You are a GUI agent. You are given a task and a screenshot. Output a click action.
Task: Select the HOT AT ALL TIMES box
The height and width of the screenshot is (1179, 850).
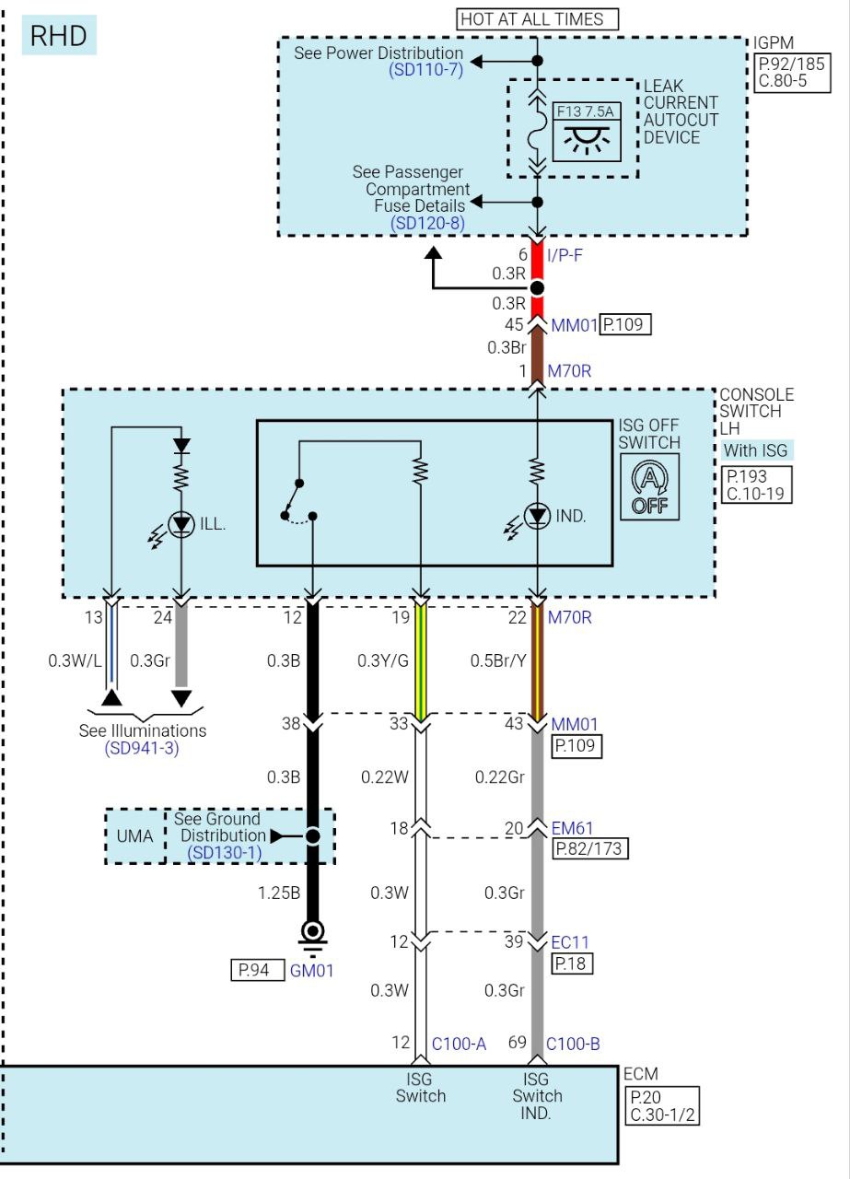tap(538, 18)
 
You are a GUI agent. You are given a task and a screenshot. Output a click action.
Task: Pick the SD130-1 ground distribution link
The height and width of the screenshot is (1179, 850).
tap(224, 853)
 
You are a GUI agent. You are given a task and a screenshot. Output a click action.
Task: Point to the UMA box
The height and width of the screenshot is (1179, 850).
tap(134, 835)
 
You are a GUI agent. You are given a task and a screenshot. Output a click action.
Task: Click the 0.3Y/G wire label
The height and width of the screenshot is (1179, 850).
tap(382, 660)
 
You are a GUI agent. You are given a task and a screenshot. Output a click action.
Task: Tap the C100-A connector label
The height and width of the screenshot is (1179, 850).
tap(459, 1044)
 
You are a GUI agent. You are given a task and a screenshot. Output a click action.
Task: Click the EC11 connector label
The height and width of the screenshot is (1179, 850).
tap(569, 942)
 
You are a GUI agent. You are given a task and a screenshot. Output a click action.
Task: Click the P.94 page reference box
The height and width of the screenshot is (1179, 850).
tap(257, 969)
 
